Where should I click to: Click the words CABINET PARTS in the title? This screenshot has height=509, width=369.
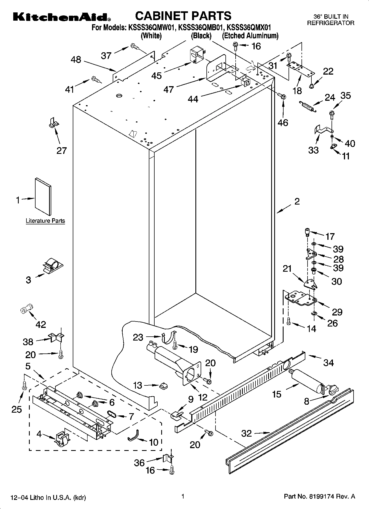tap(183, 16)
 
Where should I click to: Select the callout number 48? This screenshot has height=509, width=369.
tap(76, 59)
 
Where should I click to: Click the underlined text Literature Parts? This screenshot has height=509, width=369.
tap(45, 221)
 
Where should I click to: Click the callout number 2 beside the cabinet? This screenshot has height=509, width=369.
tap(297, 202)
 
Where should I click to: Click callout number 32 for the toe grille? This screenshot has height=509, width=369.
tap(246, 434)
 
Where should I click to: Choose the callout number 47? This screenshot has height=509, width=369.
tap(169, 89)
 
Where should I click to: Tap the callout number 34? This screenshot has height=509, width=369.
tap(328, 363)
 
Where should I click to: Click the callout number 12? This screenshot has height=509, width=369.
tap(203, 397)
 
